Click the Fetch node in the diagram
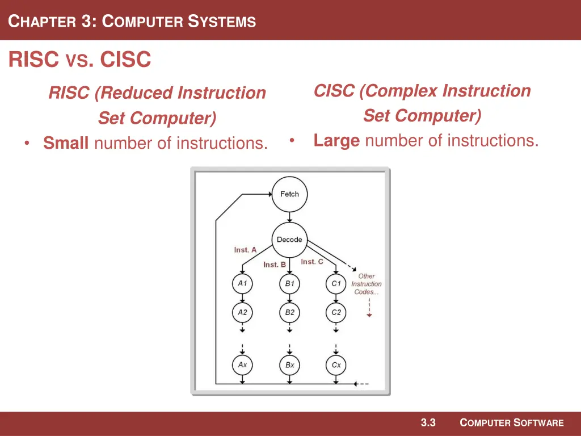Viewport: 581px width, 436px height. tap(289, 194)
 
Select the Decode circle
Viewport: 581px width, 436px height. tap(289, 240)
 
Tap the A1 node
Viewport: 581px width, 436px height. tap(242, 283)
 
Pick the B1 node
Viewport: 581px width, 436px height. tap(289, 283)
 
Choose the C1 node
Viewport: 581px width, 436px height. tap(336, 283)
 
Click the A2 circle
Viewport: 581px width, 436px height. tap(242, 312)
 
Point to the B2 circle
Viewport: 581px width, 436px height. tap(289, 312)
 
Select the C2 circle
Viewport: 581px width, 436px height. tap(336, 312)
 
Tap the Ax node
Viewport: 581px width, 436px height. tap(242, 365)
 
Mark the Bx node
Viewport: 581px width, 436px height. tap(289, 365)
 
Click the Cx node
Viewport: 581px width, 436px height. tap(336, 365)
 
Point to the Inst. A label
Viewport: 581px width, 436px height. tap(245, 250)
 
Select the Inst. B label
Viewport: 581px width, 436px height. tap(275, 265)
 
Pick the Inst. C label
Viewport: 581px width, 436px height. tap(312, 262)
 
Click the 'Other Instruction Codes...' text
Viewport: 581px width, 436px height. tap(367, 284)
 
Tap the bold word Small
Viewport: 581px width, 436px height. tap(66, 143)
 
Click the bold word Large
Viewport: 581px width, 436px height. tap(336, 140)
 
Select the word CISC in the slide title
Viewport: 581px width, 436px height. tap(125, 59)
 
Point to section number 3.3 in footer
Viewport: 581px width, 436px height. tap(428, 422)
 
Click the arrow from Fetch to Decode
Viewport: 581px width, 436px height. tap(289, 217)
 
